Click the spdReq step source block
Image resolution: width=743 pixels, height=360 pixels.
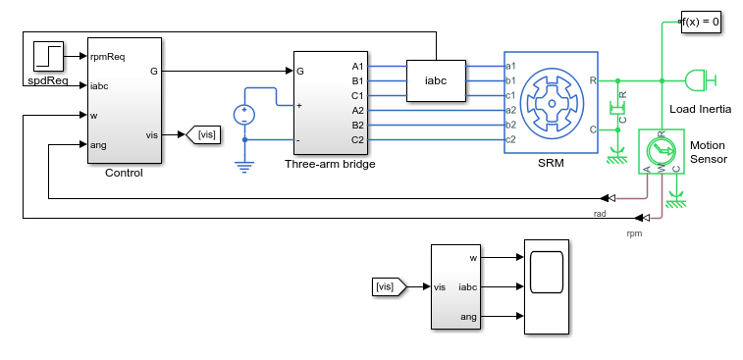coord(48,56)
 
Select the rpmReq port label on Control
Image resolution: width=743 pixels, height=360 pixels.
coord(107,57)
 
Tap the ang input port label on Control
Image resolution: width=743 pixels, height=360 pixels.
coord(98,145)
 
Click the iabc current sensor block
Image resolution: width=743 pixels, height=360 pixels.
coord(436,80)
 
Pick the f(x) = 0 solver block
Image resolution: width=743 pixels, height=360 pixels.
coord(701,22)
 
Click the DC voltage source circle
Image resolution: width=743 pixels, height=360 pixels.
coord(244,115)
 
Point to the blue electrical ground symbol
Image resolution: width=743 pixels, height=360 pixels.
coord(244,167)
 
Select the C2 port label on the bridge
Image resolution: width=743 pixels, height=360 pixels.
coord(357,139)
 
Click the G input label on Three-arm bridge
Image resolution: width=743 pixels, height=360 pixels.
coord(300,72)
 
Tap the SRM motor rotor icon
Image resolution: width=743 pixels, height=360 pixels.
coord(552,103)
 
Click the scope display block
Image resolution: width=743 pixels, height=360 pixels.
coord(547,286)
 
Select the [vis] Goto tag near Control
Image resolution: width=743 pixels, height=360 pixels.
coord(203,134)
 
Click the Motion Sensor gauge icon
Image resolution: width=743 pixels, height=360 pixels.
coord(661,152)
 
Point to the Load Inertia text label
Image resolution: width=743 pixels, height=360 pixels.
coord(701,110)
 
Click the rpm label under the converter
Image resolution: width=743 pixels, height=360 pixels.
coord(634,233)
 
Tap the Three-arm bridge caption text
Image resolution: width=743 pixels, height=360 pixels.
coord(330,165)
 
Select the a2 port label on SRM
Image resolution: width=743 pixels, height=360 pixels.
coord(510,110)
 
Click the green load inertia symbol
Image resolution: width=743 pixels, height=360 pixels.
coord(701,80)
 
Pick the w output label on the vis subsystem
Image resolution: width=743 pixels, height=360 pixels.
coord(473,258)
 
